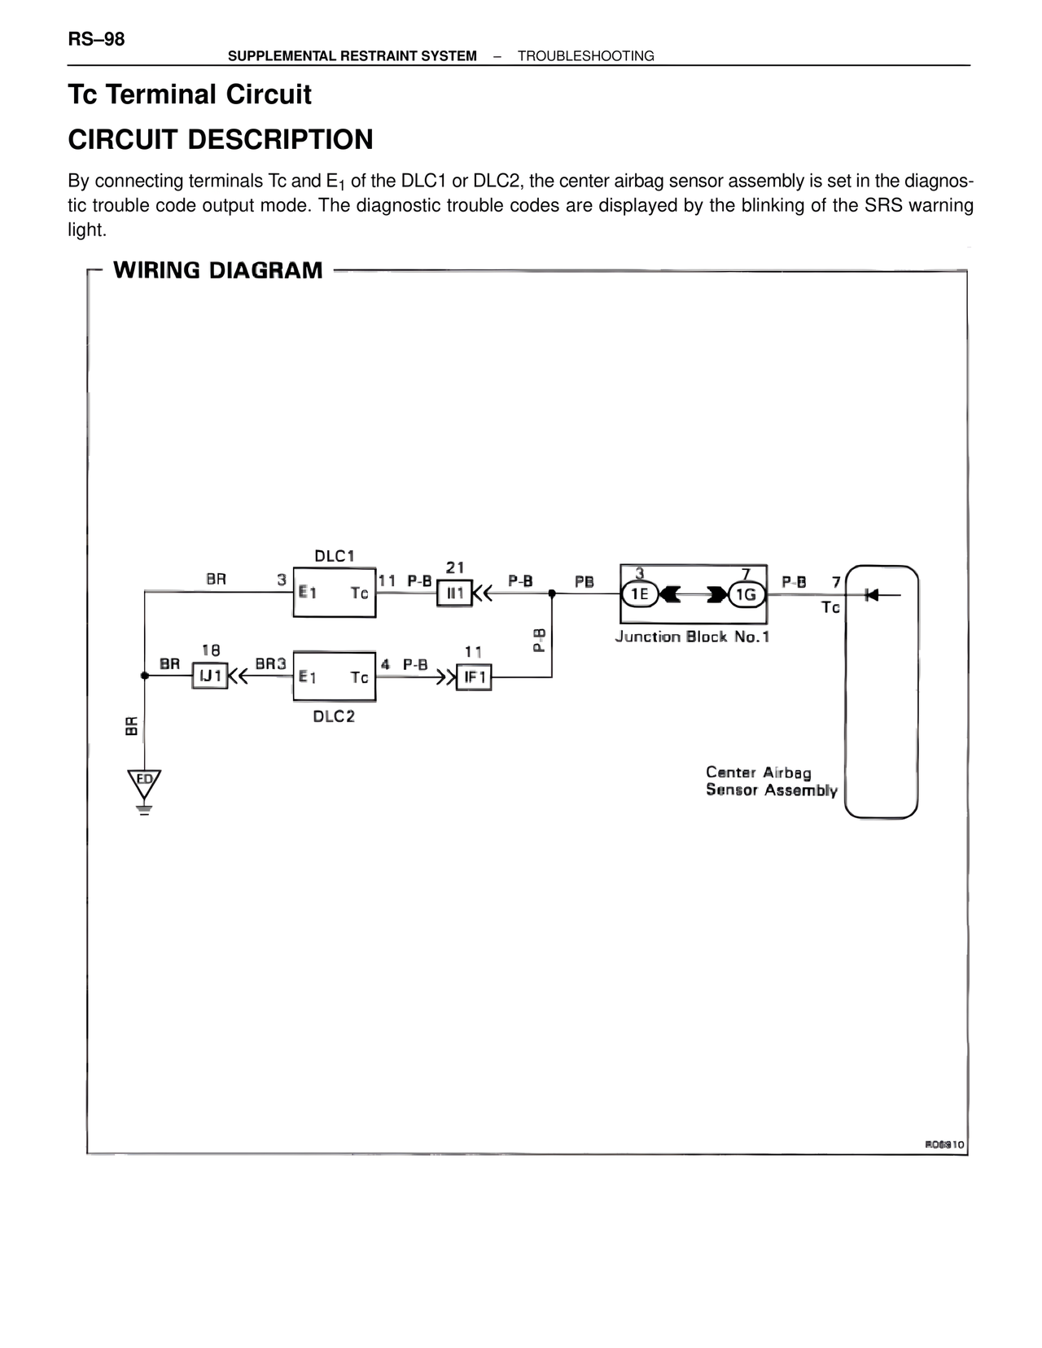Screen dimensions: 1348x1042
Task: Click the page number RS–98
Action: pyautogui.click(x=96, y=39)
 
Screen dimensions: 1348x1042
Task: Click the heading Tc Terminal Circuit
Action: pyautogui.click(x=190, y=94)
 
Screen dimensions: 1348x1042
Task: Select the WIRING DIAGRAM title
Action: pyautogui.click(x=217, y=270)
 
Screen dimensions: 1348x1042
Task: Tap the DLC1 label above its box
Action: pyautogui.click(x=334, y=556)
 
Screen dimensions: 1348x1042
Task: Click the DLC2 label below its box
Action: pyautogui.click(x=334, y=716)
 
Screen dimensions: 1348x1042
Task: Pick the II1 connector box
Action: pyautogui.click(x=454, y=593)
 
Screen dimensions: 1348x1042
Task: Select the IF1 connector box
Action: pyautogui.click(x=474, y=677)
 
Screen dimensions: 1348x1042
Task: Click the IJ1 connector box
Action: pyautogui.click(x=210, y=676)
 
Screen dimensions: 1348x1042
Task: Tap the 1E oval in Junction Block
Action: pyautogui.click(x=640, y=594)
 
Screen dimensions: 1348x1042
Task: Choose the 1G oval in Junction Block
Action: pyautogui.click(x=746, y=594)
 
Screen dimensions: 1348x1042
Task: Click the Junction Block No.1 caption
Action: pyautogui.click(x=692, y=637)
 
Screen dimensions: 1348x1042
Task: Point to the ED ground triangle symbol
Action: pyautogui.click(x=144, y=782)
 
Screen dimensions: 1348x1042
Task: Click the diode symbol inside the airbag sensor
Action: pyautogui.click(x=872, y=594)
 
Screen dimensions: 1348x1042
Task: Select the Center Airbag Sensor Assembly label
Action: pyautogui.click(x=771, y=781)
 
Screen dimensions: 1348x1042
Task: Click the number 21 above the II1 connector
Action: pyautogui.click(x=455, y=567)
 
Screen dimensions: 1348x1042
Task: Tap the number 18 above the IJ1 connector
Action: pyautogui.click(x=210, y=650)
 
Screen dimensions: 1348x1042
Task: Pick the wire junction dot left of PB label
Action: pyautogui.click(x=552, y=593)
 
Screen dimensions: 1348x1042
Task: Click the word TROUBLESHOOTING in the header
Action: pyautogui.click(x=585, y=56)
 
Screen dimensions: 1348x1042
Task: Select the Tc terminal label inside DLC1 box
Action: pyautogui.click(x=359, y=593)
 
